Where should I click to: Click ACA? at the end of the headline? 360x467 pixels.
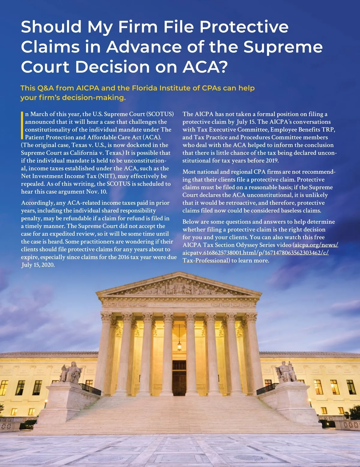(x=205, y=67)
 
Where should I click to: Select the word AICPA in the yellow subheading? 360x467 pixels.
(x=88, y=88)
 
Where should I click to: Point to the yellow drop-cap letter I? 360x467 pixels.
(x=22, y=125)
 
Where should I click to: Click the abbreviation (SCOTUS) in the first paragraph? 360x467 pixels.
(x=160, y=114)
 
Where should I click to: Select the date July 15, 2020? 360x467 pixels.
(x=38, y=265)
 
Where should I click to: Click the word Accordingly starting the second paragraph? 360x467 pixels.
(x=38, y=203)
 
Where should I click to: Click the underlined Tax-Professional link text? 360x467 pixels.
(x=205, y=260)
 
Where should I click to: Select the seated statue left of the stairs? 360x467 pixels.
(x=71, y=373)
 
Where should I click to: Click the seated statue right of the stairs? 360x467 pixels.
(x=286, y=372)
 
